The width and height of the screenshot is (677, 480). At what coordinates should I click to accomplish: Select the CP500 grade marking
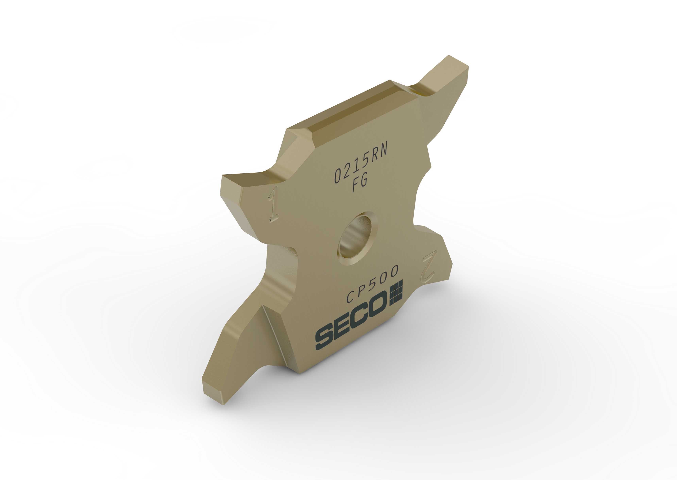[372, 283]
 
